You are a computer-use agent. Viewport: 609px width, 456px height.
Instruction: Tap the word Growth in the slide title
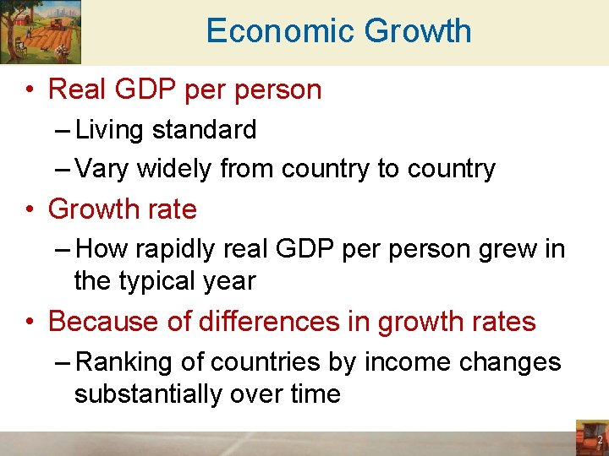(417, 31)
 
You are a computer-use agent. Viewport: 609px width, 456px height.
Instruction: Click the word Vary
(101, 169)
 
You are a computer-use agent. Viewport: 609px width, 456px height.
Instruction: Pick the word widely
(174, 169)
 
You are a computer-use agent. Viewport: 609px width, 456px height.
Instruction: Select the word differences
(272, 322)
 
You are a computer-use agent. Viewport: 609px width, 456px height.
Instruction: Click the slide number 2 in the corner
(600, 440)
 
